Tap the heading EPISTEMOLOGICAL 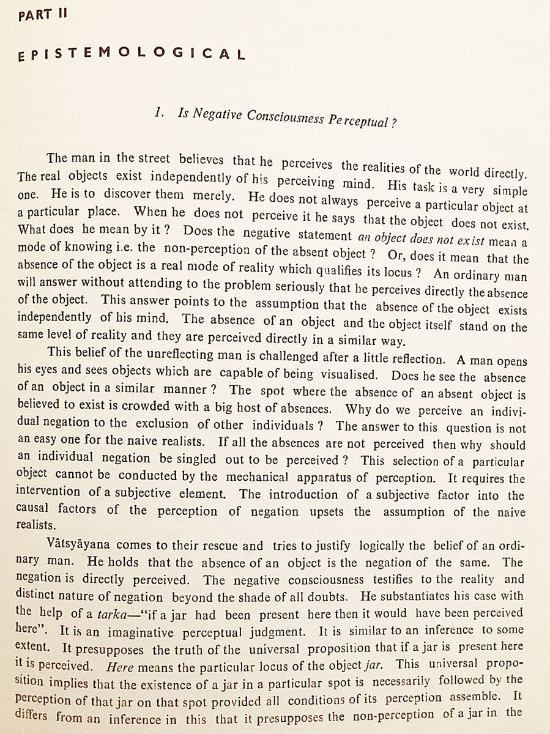[132, 54]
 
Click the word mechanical [256, 476]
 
